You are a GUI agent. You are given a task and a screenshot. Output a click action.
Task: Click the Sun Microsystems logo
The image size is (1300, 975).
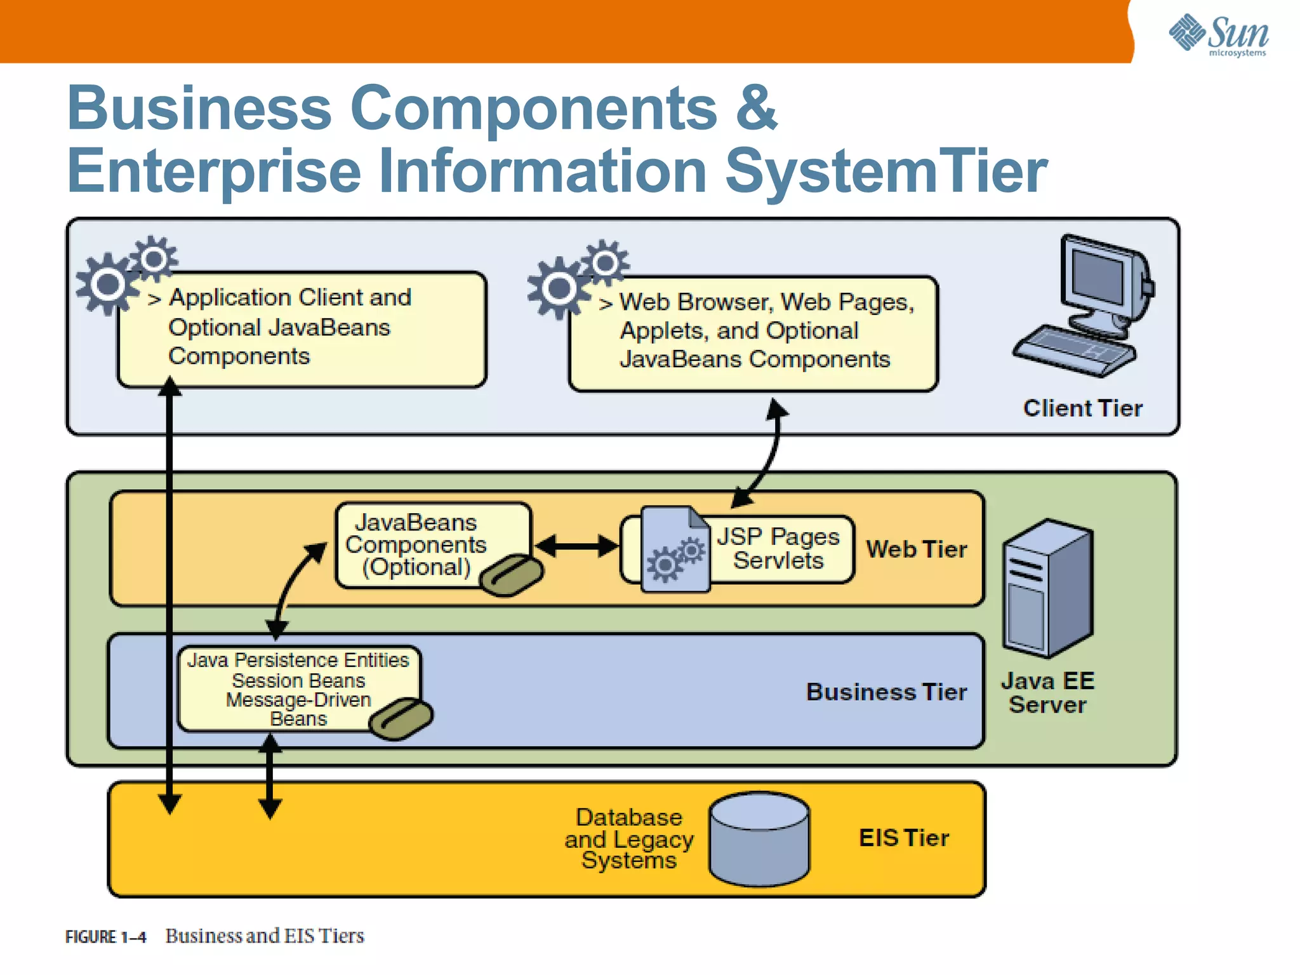1218,34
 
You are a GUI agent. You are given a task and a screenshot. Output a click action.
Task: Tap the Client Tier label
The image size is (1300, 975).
1082,408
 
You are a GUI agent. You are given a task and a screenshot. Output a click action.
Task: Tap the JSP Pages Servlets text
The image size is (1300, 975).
778,548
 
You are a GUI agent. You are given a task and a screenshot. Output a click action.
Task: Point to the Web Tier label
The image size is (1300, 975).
916,549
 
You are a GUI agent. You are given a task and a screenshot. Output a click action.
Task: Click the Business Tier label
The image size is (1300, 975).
886,692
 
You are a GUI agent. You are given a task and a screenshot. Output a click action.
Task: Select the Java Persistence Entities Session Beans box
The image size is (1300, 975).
298,689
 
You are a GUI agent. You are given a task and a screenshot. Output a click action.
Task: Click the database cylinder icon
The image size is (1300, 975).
759,839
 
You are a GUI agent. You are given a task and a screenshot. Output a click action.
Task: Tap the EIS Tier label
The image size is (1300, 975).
903,838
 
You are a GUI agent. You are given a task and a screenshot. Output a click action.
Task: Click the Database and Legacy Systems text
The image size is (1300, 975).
629,838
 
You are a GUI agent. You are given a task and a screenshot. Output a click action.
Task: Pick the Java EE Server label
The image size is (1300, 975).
1047,693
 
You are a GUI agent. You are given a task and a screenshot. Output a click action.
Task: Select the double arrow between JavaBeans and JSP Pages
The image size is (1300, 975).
576,546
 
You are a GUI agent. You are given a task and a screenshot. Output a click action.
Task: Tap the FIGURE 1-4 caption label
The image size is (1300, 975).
105,937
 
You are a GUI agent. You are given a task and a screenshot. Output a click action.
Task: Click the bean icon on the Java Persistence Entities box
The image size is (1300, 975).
401,718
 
